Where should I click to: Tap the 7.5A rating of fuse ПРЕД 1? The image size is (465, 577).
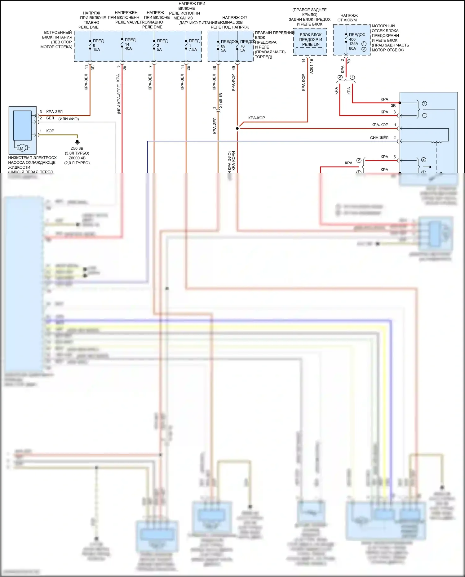pos(193,50)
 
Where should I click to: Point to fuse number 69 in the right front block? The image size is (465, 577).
pos(223,46)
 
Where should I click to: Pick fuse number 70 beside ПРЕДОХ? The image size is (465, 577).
pos(242,46)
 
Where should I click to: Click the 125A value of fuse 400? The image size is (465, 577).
pos(353,44)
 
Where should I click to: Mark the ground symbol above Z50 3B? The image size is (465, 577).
pos(77,142)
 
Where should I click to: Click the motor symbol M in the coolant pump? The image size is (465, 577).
pos(22,148)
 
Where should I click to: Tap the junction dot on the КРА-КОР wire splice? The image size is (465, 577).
pos(237,128)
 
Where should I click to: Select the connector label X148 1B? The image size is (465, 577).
pos(221,100)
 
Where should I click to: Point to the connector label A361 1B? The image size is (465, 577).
pos(311,66)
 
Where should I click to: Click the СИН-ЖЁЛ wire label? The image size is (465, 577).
pos(379,138)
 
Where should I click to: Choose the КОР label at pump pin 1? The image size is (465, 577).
pos(50,131)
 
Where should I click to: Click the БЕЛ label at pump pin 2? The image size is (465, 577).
pos(50,118)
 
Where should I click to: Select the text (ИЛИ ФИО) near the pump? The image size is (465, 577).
pos(69,119)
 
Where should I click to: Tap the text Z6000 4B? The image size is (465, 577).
pos(77,158)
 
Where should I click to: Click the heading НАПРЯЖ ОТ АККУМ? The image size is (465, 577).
pos(348,18)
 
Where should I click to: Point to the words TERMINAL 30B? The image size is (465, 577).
pos(229,22)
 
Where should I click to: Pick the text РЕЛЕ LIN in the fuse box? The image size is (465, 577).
pos(311,44)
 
